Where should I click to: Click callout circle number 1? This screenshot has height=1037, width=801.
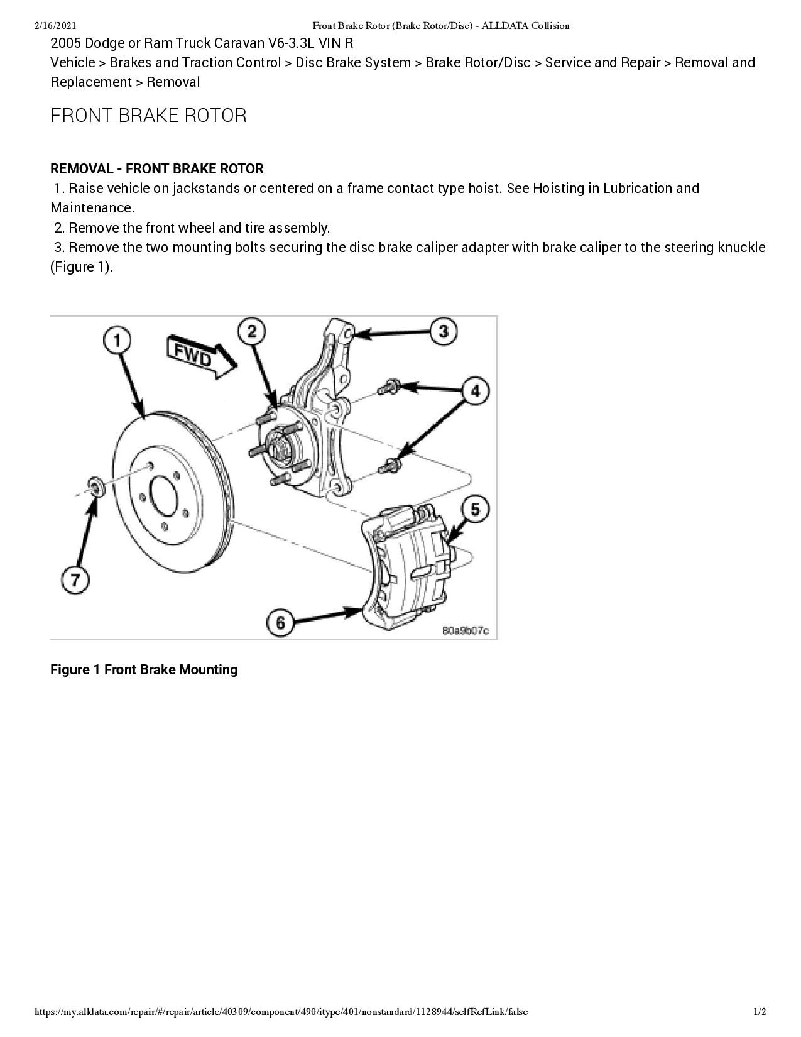117,340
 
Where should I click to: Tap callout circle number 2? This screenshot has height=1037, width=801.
252,331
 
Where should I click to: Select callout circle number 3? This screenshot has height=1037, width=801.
444,331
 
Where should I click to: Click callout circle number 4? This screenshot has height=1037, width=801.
476,391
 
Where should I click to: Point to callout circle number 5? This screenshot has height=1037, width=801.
476,508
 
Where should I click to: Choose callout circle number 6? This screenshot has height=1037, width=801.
280,622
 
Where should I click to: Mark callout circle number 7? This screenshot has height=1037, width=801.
75,579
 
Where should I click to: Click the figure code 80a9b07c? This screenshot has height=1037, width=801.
466,630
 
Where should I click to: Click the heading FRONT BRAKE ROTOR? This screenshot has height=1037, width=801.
148,116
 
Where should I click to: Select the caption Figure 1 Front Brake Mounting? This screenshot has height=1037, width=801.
144,670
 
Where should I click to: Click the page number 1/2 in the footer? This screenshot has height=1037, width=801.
760,1012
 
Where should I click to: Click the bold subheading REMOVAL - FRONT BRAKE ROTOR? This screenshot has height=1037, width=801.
157,169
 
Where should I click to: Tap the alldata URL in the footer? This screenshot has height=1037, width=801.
281,1012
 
